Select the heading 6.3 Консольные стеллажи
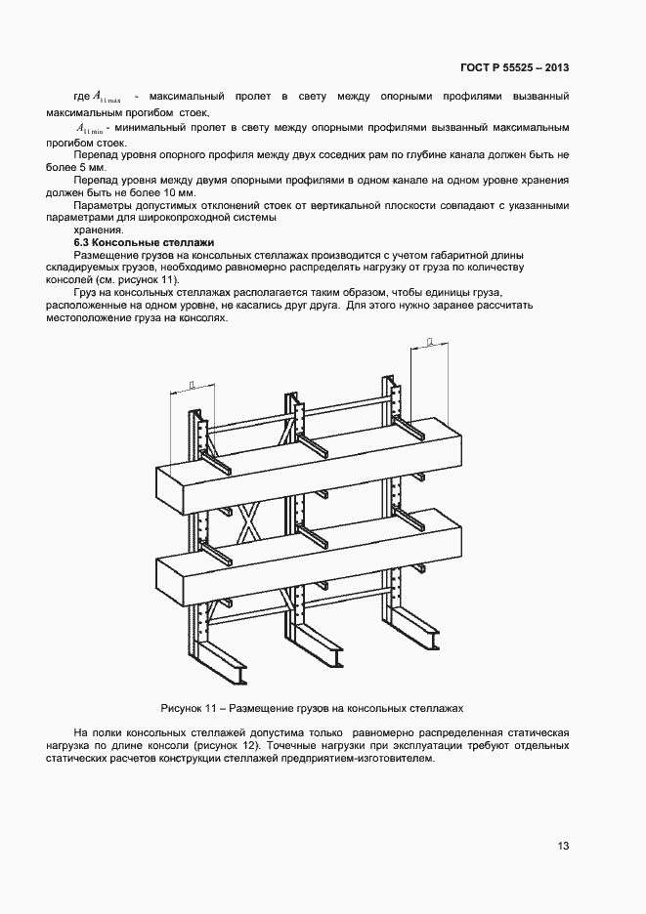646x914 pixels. click(145, 241)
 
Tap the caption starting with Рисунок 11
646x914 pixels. click(312, 706)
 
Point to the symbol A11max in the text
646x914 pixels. click(107, 97)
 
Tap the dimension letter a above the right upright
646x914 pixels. click(430, 341)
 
